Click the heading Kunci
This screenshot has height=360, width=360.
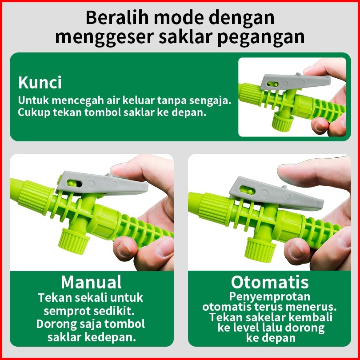pyautogui.click(x=40, y=82)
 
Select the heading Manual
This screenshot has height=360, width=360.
pyautogui.click(x=91, y=282)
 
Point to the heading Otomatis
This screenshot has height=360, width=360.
pyautogui.click(x=270, y=282)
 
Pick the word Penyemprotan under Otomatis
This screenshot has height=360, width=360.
pyautogui.click(x=270, y=296)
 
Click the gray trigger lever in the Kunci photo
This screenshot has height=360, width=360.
pyautogui.click(x=295, y=81)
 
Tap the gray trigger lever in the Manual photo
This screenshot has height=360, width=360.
pyautogui.click(x=102, y=183)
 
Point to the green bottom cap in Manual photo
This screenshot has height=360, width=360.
pyautogui.click(x=74, y=241)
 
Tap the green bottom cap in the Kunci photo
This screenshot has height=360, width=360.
pyautogui.click(x=283, y=122)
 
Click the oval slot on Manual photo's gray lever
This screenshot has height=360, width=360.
pyautogui.click(x=74, y=184)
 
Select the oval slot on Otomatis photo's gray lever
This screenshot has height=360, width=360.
pyautogui.click(x=247, y=190)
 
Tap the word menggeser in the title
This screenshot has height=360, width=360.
pyautogui.click(x=105, y=37)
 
